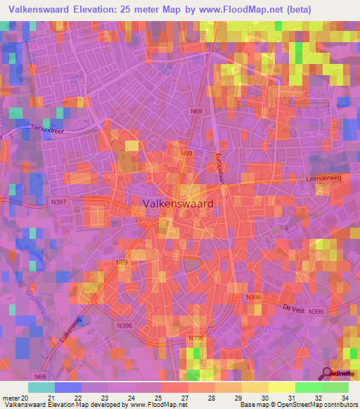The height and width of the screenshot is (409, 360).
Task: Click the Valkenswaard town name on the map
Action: pos(178,202)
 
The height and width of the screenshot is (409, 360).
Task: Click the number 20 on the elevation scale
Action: pos(27,398)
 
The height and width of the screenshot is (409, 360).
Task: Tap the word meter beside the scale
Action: pos(11,398)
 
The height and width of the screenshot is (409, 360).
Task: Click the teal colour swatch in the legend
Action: pos(41,387)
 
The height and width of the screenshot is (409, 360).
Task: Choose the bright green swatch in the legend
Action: pos(309,387)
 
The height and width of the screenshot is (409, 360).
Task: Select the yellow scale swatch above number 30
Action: pos(255,387)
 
